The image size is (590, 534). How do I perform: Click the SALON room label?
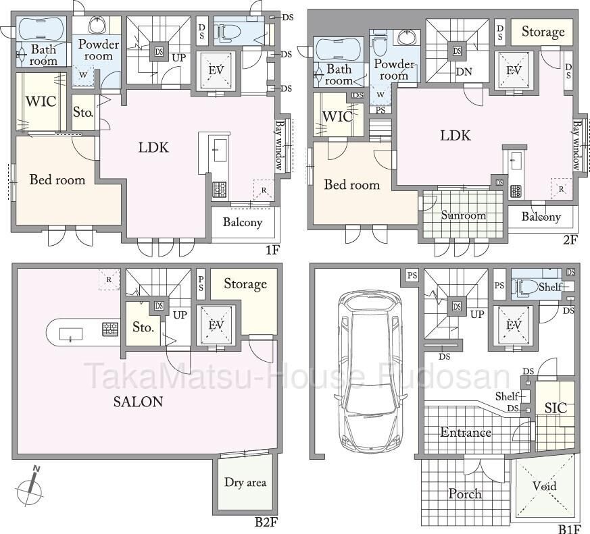138,402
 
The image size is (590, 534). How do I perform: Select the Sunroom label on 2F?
463,215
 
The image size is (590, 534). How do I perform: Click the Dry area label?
245,482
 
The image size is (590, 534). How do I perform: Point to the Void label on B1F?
544,486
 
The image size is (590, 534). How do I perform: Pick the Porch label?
465,493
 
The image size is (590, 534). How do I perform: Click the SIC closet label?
556,408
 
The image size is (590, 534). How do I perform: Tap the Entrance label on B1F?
466,433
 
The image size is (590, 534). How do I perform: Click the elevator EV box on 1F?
216,70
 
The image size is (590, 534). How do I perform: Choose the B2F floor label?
266,522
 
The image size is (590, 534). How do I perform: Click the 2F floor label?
570,240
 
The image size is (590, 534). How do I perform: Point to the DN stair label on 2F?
464,72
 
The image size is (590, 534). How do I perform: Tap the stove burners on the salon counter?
110,329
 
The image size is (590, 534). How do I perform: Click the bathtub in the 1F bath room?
41,28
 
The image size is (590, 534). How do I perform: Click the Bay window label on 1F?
280,145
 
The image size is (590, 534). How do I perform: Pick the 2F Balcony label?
541,217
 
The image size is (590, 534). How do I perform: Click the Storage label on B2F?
245,284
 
